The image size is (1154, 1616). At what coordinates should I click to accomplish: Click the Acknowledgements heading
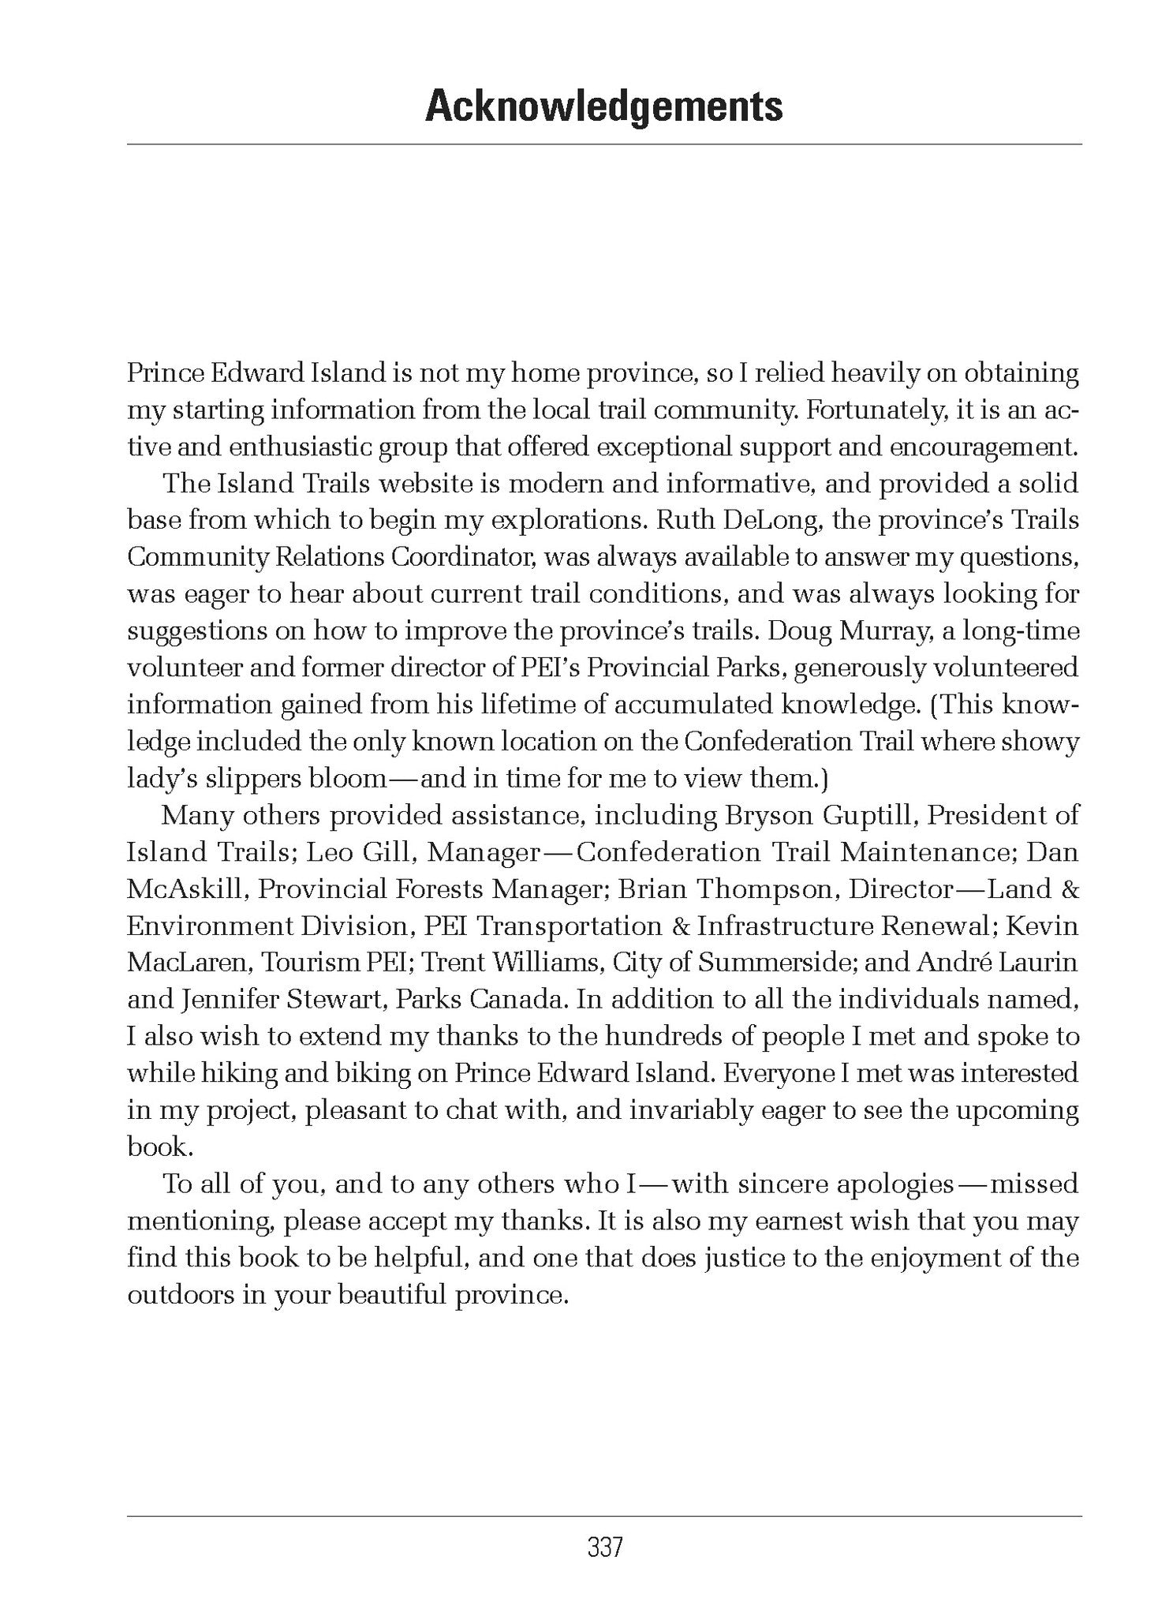pos(603,107)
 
